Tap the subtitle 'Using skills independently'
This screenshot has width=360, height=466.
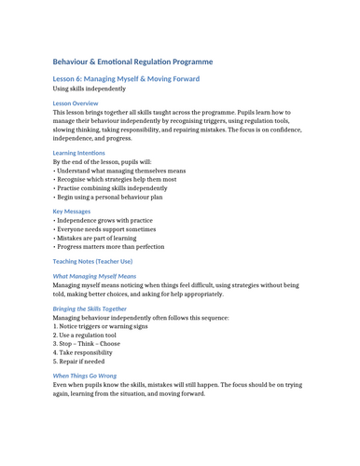pos(90,89)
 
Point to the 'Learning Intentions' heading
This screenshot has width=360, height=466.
pos(79,153)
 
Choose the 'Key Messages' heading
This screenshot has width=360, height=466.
pos(73,212)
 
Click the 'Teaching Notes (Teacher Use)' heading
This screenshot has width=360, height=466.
pos(99,262)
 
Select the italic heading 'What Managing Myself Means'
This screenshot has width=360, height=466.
pos(94,277)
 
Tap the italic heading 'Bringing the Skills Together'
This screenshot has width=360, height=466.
pos(103,308)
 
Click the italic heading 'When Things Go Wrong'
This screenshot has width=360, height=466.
pos(90,377)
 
